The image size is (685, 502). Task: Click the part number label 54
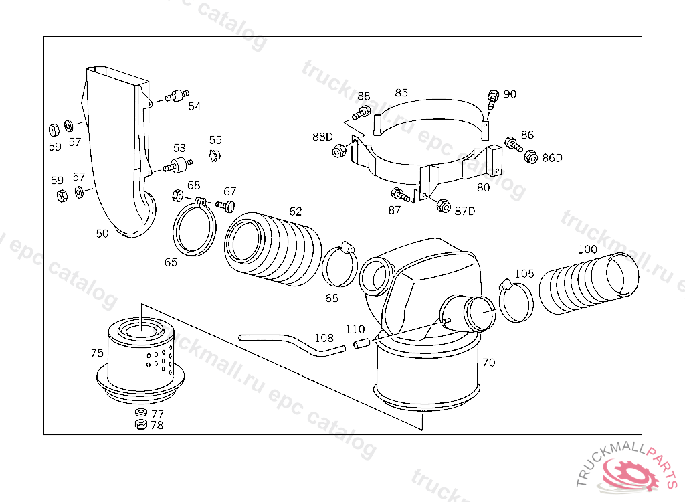(x=194, y=106)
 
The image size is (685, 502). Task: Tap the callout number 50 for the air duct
(x=102, y=234)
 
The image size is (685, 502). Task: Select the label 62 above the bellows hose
(x=295, y=212)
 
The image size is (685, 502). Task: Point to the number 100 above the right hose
(x=587, y=250)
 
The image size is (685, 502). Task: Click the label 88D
(x=322, y=137)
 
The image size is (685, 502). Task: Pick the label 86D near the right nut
(x=552, y=158)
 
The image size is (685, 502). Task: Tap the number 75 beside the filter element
(x=97, y=353)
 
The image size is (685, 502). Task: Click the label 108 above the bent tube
(x=324, y=338)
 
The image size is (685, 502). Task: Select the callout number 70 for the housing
(x=488, y=363)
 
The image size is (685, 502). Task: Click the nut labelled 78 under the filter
(x=140, y=425)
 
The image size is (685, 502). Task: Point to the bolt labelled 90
(x=493, y=98)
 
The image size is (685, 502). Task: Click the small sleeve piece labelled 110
(x=361, y=345)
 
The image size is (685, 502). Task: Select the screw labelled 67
(x=227, y=204)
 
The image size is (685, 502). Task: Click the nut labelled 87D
(x=443, y=205)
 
